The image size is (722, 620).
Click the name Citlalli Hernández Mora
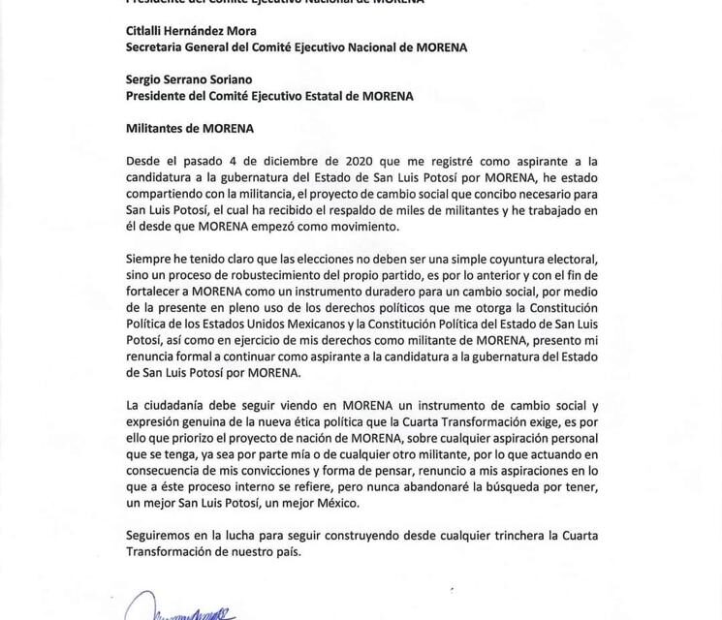(190, 30)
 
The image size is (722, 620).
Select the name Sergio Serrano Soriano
(187, 80)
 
